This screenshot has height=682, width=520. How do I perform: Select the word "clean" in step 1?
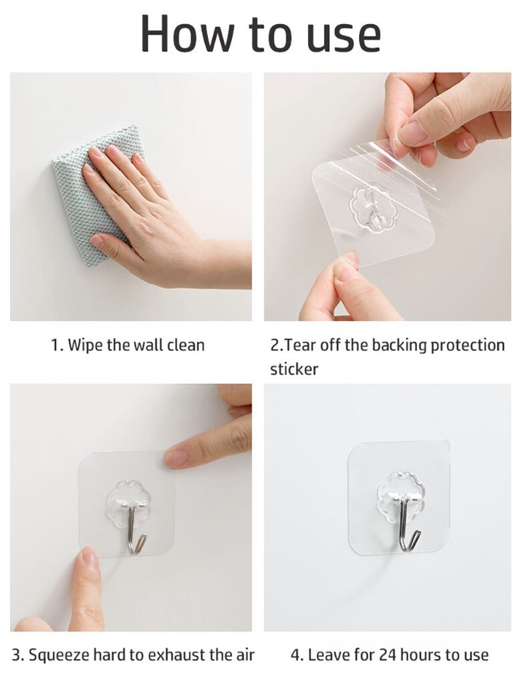point(186,346)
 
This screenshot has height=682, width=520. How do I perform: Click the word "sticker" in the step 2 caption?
point(294,369)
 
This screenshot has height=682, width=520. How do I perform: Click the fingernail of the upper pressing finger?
point(176,458)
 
